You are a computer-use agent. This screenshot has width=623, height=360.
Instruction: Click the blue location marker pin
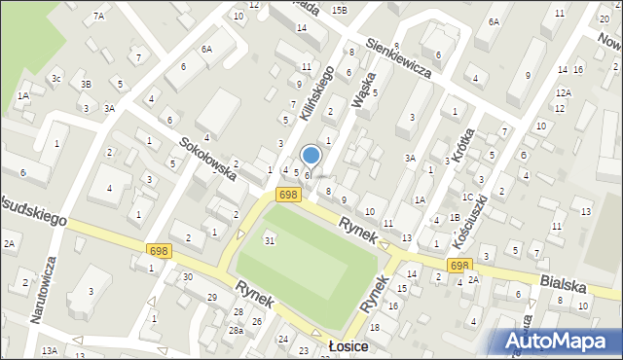(311, 155)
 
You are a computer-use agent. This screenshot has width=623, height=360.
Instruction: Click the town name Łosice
(346, 347)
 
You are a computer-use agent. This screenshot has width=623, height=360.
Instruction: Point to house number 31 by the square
(270, 240)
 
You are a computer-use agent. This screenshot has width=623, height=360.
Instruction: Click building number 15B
(339, 10)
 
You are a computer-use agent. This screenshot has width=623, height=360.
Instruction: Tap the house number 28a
(236, 331)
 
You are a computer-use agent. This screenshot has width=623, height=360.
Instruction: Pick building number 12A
(563, 92)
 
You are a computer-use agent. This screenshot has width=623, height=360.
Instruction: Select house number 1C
(468, 198)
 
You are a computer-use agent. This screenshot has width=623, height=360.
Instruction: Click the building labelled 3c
(56, 78)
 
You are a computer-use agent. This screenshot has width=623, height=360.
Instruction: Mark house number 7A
(98, 17)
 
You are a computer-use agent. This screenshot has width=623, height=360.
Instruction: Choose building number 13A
(50, 350)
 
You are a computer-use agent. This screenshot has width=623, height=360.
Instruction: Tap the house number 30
(187, 276)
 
